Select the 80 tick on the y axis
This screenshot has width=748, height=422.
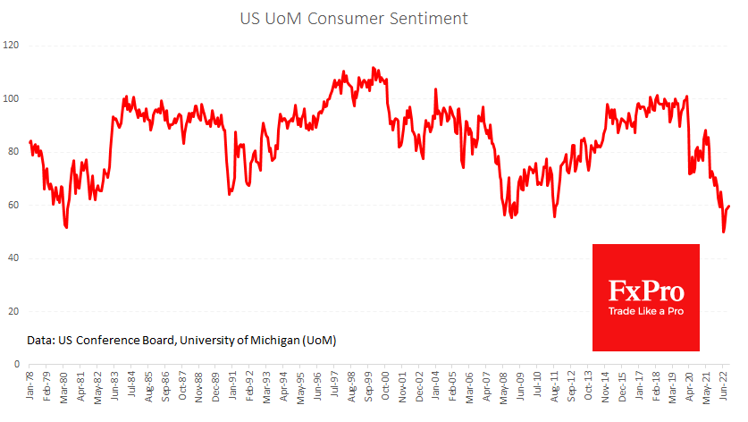tap(15, 152)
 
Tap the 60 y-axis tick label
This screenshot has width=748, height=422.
tap(15, 205)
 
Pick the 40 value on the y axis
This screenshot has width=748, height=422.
tap(15, 258)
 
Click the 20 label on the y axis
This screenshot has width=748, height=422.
tap(15, 312)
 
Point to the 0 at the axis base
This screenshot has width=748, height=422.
tap(18, 365)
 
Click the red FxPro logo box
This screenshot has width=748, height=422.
tap(646, 297)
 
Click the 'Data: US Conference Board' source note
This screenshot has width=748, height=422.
tap(181, 341)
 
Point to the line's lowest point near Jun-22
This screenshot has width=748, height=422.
tap(723, 232)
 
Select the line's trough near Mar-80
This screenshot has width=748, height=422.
tap(66, 228)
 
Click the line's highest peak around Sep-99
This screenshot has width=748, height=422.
tap(373, 67)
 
